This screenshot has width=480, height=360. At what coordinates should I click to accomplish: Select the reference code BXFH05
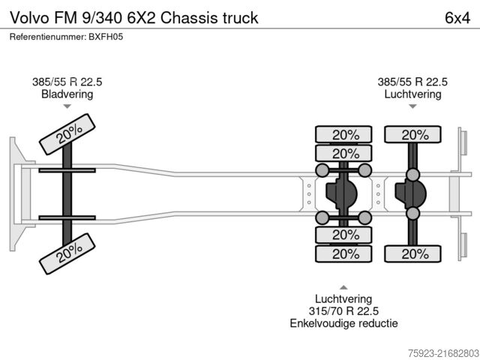pos(106,37)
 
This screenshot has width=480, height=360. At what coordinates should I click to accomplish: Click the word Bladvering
pos(67,94)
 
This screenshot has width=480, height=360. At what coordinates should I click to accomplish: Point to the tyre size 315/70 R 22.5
pos(343,310)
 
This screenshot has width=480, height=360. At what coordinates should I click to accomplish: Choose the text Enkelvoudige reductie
pos(343,323)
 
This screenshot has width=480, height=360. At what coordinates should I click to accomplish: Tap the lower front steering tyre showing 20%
pos(68,257)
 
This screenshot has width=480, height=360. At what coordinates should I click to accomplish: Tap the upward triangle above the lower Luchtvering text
pos(343,287)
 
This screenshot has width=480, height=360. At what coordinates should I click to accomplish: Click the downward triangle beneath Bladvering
pos(67,106)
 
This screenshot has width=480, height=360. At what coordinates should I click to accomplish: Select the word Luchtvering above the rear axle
pos(412,94)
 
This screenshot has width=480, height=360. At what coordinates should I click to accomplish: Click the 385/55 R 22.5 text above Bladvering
pos(67,82)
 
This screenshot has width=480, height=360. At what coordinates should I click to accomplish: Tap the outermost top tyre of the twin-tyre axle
pos(343,135)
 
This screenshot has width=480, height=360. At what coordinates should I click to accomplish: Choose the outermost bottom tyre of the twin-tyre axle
pos(343,253)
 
